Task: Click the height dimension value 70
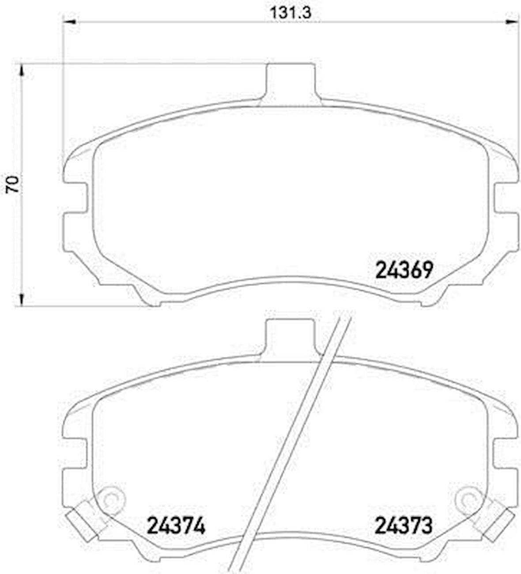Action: [x=13, y=184]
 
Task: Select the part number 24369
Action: [x=404, y=270]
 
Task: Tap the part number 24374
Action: [x=176, y=526]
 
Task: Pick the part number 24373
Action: [x=404, y=526]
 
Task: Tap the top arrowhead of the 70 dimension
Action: [x=20, y=71]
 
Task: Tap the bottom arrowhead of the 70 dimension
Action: [x=20, y=299]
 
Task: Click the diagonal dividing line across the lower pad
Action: [x=291, y=442]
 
